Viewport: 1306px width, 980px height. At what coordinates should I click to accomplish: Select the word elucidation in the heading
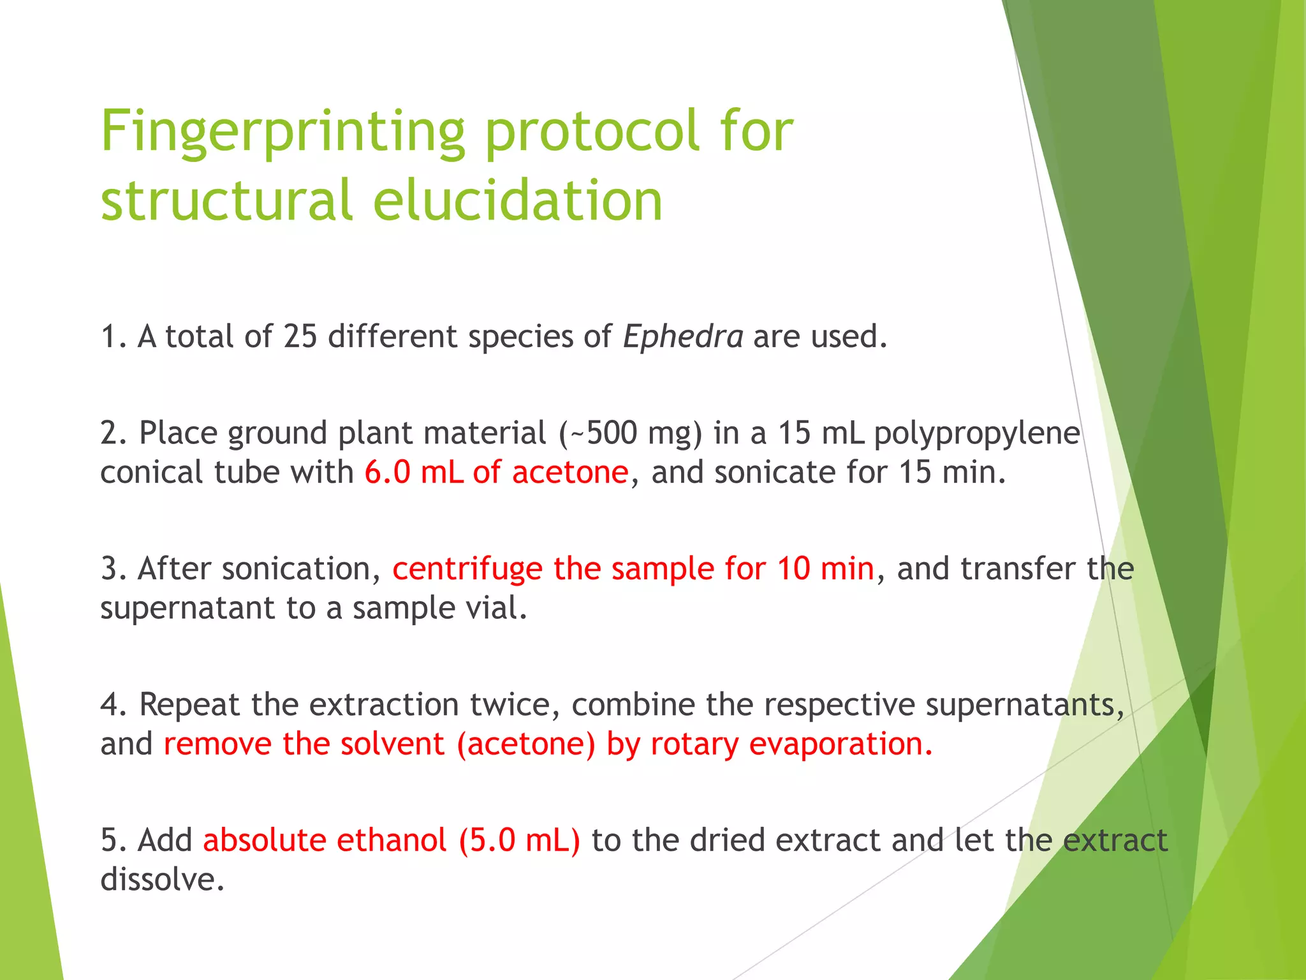pos(518,201)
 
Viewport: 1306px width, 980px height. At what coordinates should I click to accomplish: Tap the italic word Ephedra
pos(682,336)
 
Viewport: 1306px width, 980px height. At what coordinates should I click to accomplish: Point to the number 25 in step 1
pos(300,336)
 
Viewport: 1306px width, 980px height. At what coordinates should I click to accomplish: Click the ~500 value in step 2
pos(603,433)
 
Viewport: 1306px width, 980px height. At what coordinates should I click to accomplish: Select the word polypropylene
pos(976,434)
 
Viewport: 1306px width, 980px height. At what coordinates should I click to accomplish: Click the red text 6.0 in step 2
pos(387,473)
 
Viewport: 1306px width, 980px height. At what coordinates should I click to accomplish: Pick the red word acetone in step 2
pos(570,473)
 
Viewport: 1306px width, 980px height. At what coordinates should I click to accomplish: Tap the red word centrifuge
pos(467,569)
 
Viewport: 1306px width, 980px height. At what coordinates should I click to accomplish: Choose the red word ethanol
pos(391,840)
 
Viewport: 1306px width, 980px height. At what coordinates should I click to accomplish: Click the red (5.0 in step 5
pos(487,840)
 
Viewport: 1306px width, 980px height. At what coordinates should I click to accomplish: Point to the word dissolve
pos(162,880)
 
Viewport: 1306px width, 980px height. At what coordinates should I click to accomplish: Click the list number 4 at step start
pos(109,705)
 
